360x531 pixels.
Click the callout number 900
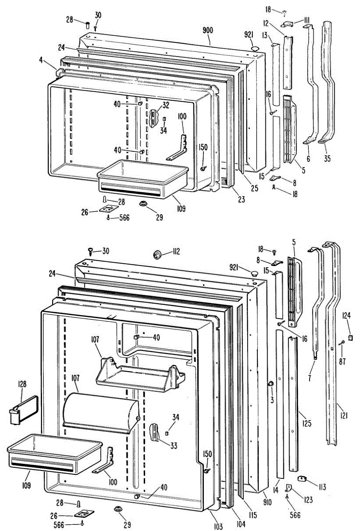click(x=208, y=30)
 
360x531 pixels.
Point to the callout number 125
click(x=306, y=424)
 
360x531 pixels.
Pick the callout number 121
click(x=344, y=415)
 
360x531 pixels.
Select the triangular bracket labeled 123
click(x=290, y=488)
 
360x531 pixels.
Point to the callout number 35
click(x=326, y=158)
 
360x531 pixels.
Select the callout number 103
click(x=217, y=527)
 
